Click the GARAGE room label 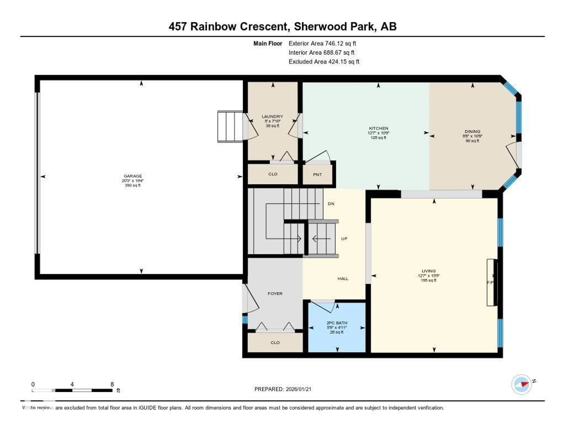(x=133, y=176)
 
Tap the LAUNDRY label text (x=272, y=117)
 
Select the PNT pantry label (x=317, y=175)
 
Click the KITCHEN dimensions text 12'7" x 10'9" (x=378, y=133)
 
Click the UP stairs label (x=344, y=239)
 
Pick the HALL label (x=343, y=279)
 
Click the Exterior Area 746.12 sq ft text (x=322, y=43)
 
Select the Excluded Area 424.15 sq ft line (x=324, y=62)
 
